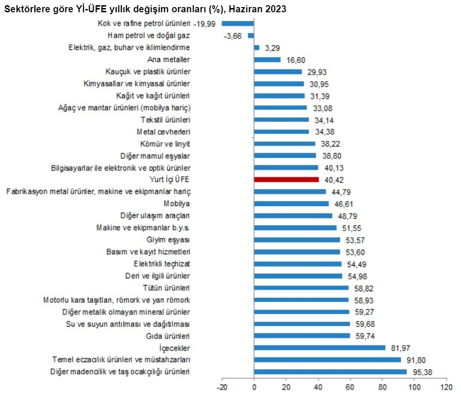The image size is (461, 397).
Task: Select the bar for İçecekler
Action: [x=320, y=348]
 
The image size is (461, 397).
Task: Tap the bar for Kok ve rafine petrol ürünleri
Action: [x=238, y=23]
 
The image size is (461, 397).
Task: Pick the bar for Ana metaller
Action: [x=267, y=60]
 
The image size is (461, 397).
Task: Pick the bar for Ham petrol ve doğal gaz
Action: [x=251, y=35]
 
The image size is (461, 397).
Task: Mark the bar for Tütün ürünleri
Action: [x=301, y=288]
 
